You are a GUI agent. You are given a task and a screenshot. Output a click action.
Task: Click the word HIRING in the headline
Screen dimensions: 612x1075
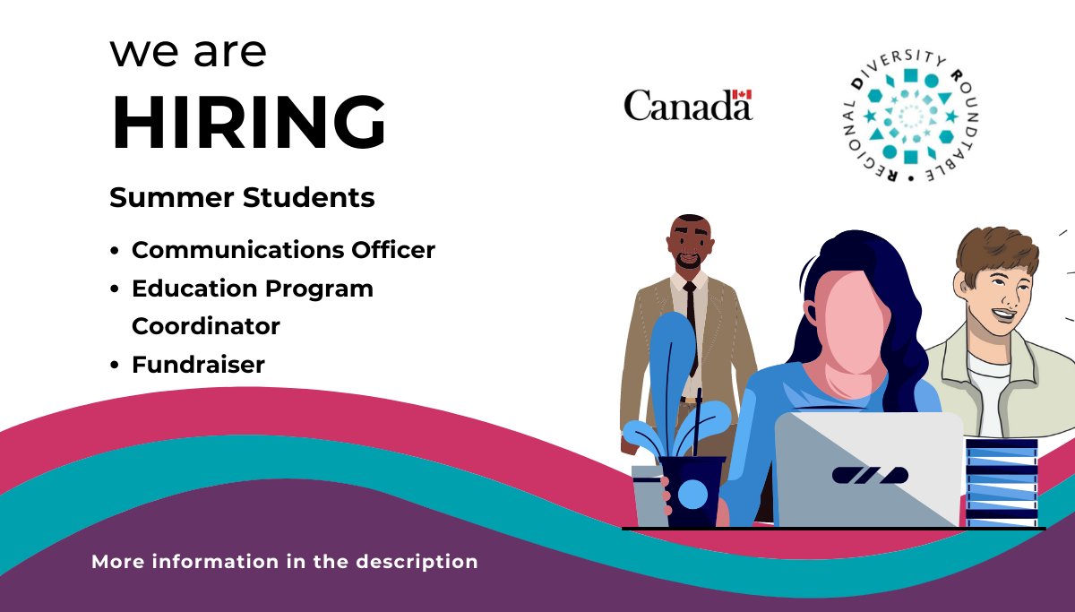pyautogui.click(x=248, y=121)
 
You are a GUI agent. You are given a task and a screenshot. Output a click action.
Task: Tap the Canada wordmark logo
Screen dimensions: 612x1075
pyautogui.click(x=687, y=106)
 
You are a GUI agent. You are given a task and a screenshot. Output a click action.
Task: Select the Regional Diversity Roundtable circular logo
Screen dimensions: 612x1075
pyautogui.click(x=909, y=116)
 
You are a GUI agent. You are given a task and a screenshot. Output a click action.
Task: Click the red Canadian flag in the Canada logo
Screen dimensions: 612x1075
pyautogui.click(x=742, y=94)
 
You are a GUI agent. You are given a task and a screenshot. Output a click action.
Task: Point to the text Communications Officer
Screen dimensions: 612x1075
pyautogui.click(x=283, y=250)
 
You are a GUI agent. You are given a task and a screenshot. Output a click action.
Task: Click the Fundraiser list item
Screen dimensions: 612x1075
pyautogui.click(x=198, y=365)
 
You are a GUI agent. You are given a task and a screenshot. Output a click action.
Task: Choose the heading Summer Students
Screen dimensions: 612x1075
pyautogui.click(x=242, y=197)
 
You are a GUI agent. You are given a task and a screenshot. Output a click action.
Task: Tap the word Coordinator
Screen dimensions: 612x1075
pyautogui.click(x=206, y=326)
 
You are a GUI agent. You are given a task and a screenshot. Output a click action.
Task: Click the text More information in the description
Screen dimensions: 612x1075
pyautogui.click(x=285, y=562)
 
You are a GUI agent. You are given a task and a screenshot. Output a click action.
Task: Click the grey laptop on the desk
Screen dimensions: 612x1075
pyautogui.click(x=867, y=469)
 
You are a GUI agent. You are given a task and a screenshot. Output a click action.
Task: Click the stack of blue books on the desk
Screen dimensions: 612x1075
pyautogui.click(x=1002, y=482)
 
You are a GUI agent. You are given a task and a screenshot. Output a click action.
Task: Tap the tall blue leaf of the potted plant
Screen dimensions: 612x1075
pyautogui.click(x=667, y=367)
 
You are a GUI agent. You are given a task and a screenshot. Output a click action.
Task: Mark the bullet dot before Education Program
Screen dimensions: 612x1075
pyautogui.click(x=115, y=289)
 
